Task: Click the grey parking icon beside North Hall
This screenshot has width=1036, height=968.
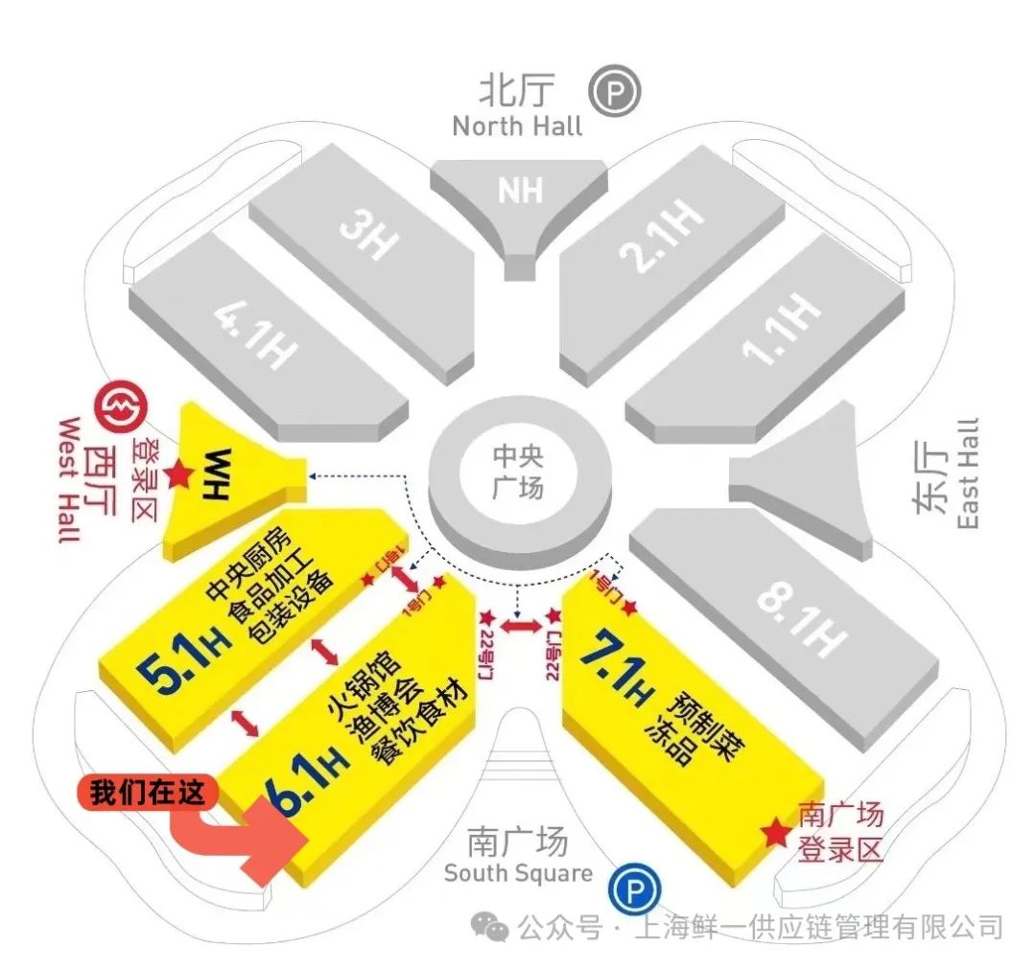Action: [615, 93]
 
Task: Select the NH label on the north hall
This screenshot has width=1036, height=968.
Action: [520, 191]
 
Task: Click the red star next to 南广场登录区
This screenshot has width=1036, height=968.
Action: [774, 833]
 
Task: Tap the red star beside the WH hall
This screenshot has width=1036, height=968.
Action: [177, 473]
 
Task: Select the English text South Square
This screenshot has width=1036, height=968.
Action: [518, 874]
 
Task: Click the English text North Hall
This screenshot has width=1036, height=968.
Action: [517, 127]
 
